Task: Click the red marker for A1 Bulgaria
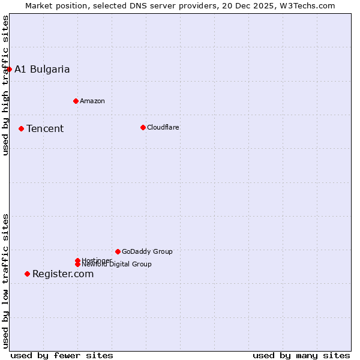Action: point(9,69)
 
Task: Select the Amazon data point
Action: point(76,101)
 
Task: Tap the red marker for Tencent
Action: point(21,128)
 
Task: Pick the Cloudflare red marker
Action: point(143,127)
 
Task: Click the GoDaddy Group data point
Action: point(118,251)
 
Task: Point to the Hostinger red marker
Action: point(77,260)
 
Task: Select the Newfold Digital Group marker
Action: point(77,265)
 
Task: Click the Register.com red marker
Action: point(27,274)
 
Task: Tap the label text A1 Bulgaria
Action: point(42,69)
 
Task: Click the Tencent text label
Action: point(45,128)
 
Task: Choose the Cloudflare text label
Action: point(163,127)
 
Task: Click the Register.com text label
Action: point(63,274)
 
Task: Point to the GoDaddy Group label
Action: point(147,251)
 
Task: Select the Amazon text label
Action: point(92,101)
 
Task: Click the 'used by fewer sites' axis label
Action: point(62,355)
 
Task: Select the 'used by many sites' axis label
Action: point(301,355)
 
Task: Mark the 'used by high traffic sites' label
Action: point(5,85)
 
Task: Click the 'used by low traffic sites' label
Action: point(5,281)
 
